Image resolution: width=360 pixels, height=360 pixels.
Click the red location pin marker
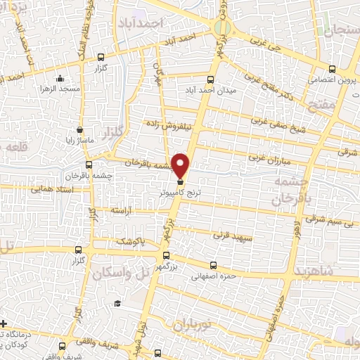[181, 164]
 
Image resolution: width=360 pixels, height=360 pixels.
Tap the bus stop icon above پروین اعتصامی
[332, 69]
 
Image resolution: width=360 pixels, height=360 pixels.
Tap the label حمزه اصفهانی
[215, 276]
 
